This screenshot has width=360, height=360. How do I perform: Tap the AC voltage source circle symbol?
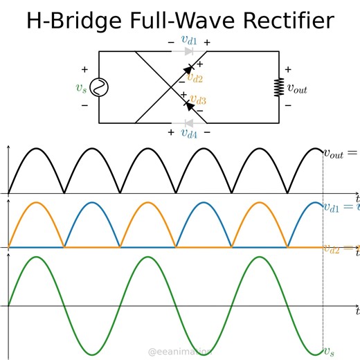point(99,87)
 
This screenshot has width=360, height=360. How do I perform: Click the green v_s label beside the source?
point(82,88)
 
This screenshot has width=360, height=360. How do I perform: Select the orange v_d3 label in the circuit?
point(197,100)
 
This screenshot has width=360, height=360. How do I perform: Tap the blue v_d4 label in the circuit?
point(189,133)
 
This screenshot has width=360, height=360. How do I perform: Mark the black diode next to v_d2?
point(186,69)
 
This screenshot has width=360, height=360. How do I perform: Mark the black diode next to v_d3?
point(187,106)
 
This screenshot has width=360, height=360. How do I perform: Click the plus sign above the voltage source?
point(85,70)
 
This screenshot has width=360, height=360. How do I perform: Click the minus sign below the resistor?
point(289,105)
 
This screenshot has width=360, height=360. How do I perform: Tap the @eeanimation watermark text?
point(181,352)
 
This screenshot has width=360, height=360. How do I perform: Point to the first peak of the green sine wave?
point(36,258)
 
